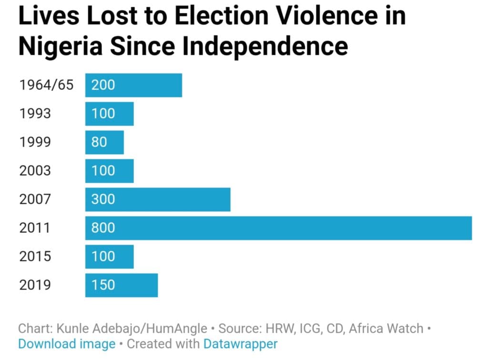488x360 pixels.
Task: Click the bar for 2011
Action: pos(278,228)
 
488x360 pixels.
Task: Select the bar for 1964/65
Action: pos(133,85)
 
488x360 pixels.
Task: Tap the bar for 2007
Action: pos(158,200)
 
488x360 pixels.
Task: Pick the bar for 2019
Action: pos(122,285)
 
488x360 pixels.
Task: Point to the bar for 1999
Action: pos(104,142)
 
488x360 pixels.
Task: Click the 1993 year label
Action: pos(35,113)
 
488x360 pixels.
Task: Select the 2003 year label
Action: pos(35,170)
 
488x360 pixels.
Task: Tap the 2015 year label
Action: pos(35,257)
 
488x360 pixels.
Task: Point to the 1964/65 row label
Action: pos(46,85)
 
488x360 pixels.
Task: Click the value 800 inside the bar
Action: pos(103,228)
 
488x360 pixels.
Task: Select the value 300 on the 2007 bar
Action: pos(103,199)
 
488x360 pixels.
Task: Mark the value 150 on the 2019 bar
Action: pos(103,285)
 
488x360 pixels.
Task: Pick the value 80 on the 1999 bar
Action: pos(99,142)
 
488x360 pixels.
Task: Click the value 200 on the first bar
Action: pos(103,85)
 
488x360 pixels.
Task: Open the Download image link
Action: pos(67,344)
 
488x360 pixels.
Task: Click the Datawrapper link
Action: pos(240,344)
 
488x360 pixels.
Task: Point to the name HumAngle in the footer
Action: pos(176,329)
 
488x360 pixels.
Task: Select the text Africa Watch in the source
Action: pos(386,329)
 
